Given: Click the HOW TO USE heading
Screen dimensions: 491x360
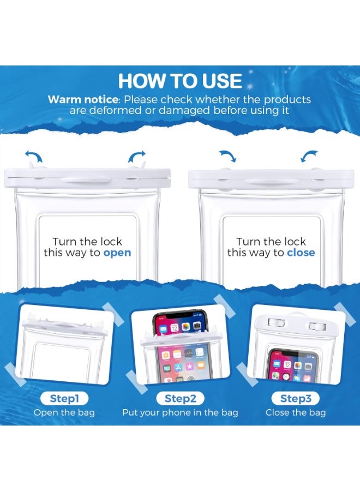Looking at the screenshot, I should coord(180,81).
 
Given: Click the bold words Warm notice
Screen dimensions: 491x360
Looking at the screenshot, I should coord(82,100).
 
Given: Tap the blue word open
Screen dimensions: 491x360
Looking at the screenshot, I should coord(117,253).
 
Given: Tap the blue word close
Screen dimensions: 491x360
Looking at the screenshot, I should coord(301,253).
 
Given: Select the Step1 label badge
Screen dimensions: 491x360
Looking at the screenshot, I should coord(64,398).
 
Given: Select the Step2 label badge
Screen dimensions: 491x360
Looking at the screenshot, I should coord(180,398).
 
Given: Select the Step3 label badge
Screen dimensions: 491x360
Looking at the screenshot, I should coord(296,398).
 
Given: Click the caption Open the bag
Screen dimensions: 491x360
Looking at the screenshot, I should coord(64,412).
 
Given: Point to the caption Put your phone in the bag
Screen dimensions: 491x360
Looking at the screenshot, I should coord(180,412).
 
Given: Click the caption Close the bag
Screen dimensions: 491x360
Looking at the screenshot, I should coord(296,412).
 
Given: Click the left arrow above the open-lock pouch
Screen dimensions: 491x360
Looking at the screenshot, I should coord(34,158).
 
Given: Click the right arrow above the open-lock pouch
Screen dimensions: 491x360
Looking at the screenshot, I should coord(136,158).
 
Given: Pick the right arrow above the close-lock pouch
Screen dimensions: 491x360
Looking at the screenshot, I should coord(309,157).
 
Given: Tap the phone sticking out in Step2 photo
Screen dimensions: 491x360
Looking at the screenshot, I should coord(181,325).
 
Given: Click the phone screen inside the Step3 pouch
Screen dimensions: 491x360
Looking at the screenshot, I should coord(292,366).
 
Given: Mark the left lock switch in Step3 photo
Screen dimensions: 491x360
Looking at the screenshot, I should coord(271,326).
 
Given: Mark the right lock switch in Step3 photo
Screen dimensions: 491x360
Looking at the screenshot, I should coord(317,326).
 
